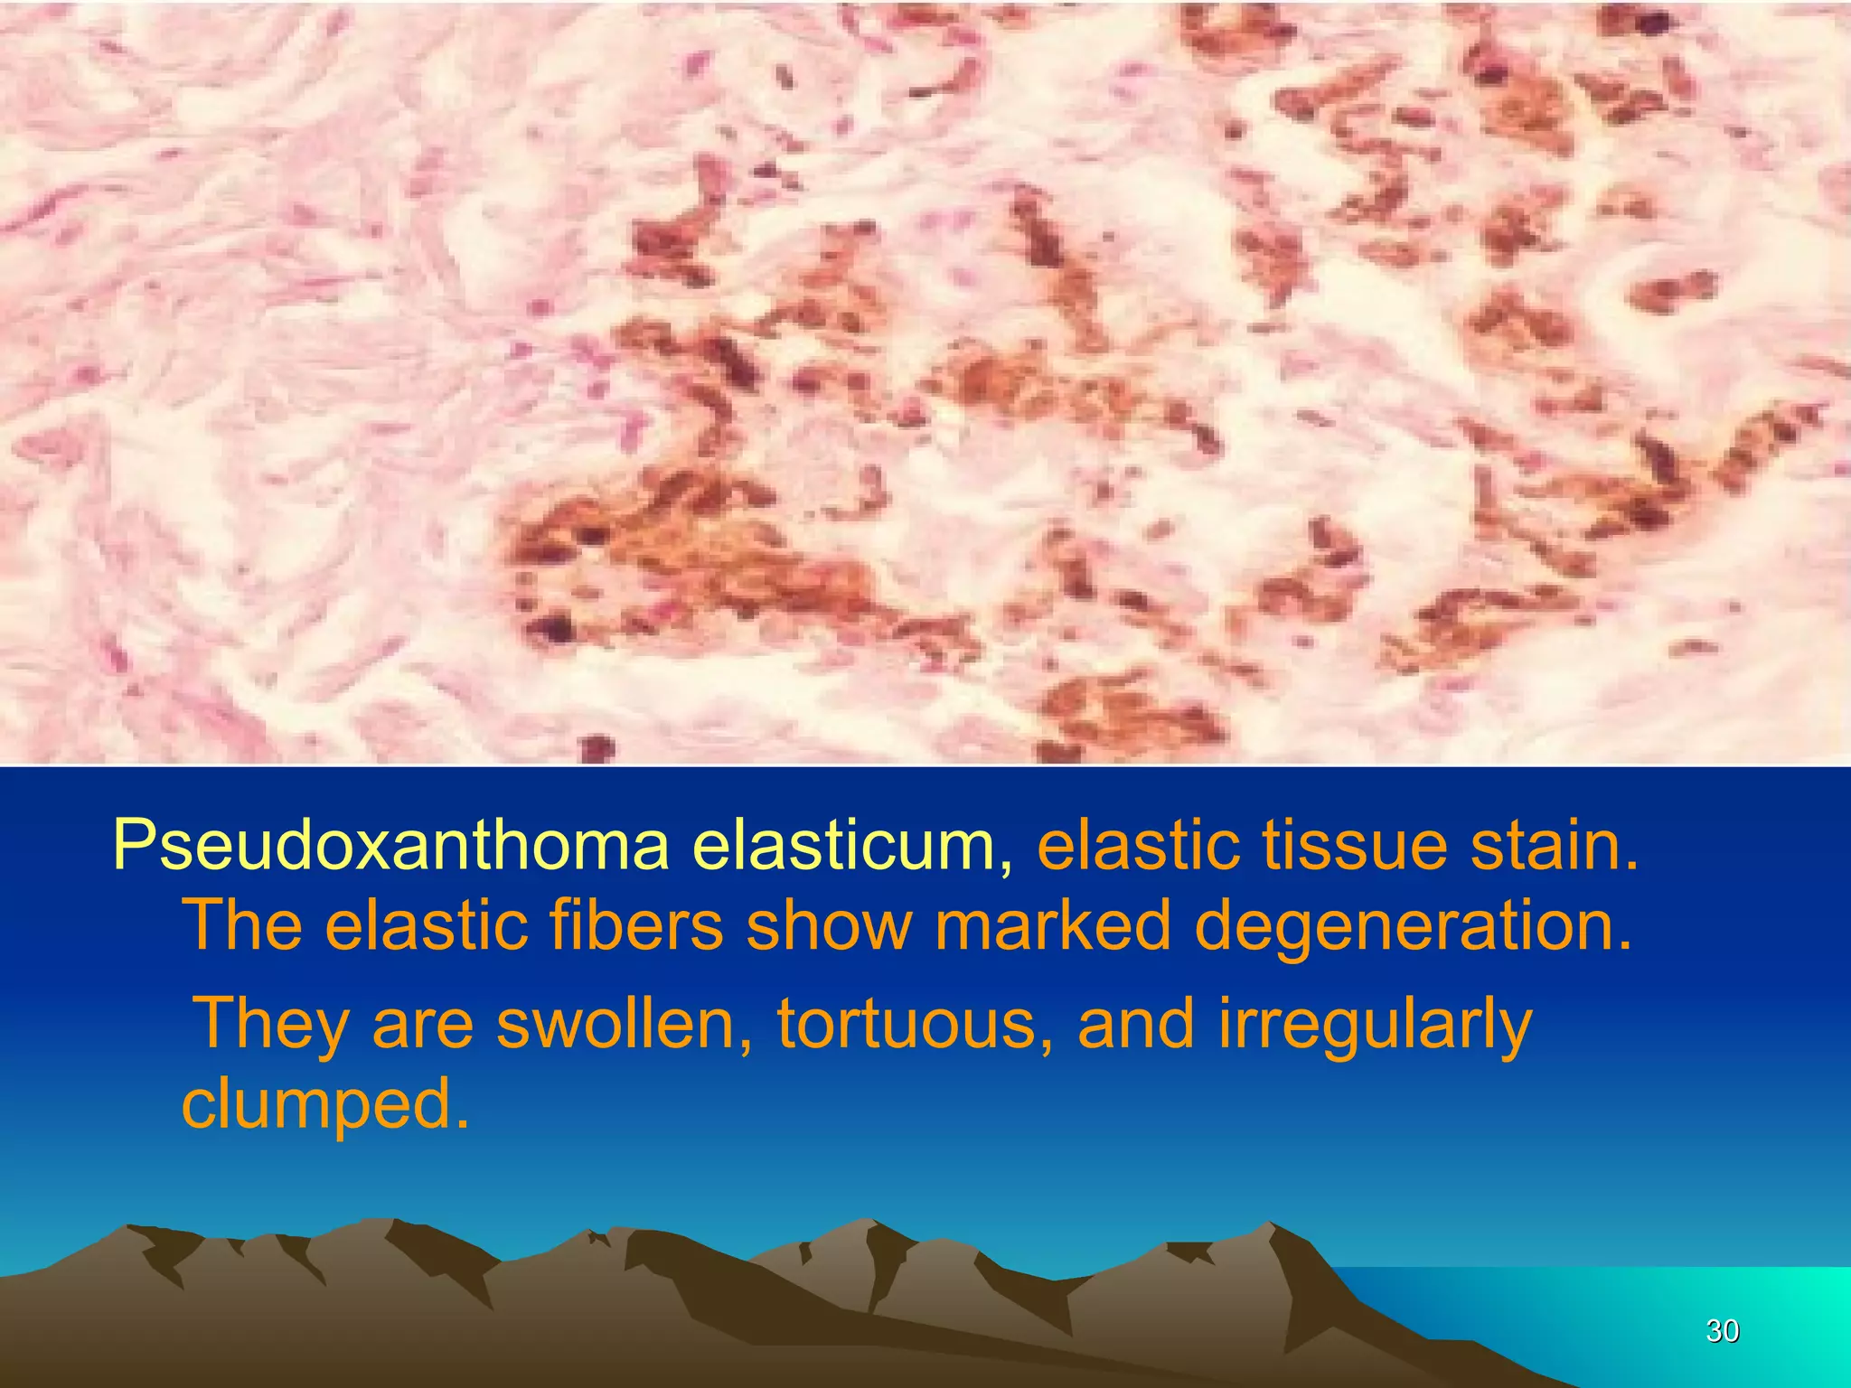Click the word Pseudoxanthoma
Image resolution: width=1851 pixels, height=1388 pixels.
click(390, 847)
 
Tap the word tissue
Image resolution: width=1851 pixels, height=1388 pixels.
click(1355, 847)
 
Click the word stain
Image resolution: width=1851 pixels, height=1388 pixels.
click(1554, 847)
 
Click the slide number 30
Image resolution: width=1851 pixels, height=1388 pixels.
click(1722, 1331)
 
